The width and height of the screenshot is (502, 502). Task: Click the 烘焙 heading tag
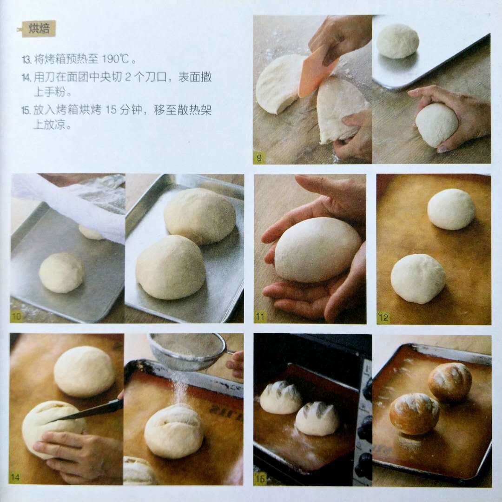(x=39, y=29)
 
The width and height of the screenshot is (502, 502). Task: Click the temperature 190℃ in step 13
(x=116, y=59)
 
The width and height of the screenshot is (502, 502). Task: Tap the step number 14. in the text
(x=26, y=78)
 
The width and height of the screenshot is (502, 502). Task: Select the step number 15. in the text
(x=26, y=111)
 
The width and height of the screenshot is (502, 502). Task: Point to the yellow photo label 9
(x=259, y=158)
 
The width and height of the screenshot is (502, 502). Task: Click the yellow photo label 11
(x=260, y=317)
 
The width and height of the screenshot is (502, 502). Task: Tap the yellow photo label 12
(x=383, y=317)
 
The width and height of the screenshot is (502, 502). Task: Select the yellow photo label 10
(x=16, y=317)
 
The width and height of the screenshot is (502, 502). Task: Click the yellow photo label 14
(x=15, y=477)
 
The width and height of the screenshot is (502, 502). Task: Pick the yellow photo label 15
(x=260, y=478)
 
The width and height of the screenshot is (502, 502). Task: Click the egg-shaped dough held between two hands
(x=317, y=250)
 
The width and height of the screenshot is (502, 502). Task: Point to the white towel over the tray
(x=73, y=205)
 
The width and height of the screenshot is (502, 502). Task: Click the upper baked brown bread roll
(x=450, y=382)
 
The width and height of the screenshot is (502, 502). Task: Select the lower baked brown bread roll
(x=414, y=414)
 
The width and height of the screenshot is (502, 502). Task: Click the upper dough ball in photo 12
(x=451, y=209)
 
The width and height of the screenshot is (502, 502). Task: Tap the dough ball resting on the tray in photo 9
(x=397, y=41)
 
